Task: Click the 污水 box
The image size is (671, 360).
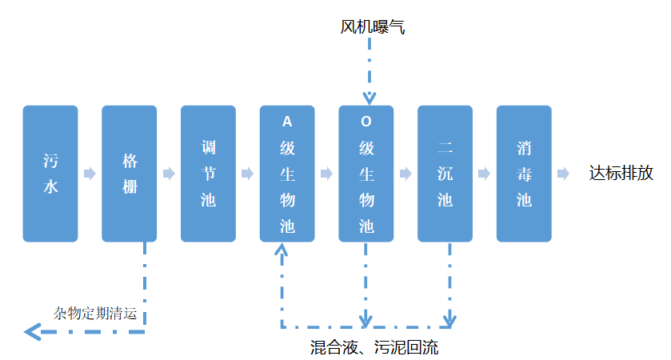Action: click(x=50, y=174)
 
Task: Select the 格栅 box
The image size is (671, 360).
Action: click(x=130, y=174)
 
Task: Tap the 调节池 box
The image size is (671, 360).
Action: click(x=208, y=174)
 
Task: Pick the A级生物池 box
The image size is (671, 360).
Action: click(x=287, y=174)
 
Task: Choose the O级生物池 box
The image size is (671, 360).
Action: click(x=366, y=174)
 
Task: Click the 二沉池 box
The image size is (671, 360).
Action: click(x=445, y=174)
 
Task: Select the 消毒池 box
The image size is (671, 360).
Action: click(x=524, y=174)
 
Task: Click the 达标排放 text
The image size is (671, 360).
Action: click(x=621, y=174)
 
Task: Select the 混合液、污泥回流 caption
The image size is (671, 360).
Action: click(x=373, y=347)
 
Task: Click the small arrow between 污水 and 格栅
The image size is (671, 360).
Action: click(x=90, y=174)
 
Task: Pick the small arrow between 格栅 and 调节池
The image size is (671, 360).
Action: click(x=169, y=174)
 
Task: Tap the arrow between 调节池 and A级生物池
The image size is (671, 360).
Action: click(x=248, y=174)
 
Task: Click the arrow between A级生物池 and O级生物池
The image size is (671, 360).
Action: click(x=326, y=174)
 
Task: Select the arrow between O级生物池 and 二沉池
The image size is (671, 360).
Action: click(x=405, y=174)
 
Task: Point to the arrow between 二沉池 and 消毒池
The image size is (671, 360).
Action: click(x=485, y=174)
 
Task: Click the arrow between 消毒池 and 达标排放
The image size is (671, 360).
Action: click(x=564, y=174)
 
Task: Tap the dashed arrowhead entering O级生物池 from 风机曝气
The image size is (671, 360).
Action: click(x=369, y=98)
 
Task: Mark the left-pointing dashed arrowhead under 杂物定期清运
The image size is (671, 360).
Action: click(x=33, y=331)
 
